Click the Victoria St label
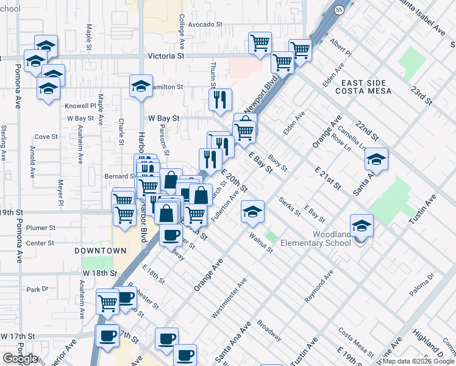[x=166, y=56]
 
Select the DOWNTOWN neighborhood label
[x=101, y=251]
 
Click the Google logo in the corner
[x=21, y=359]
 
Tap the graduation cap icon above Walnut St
[x=252, y=211]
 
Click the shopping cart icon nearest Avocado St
[x=260, y=43]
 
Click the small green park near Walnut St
[x=271, y=236]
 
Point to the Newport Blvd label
[x=262, y=91]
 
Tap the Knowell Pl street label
[x=81, y=106]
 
